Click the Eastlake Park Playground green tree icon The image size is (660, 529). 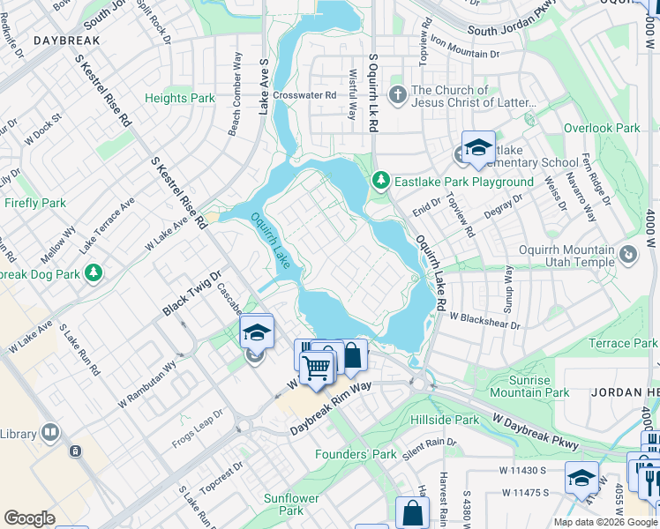click(381, 181)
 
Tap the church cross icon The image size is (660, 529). click(398, 93)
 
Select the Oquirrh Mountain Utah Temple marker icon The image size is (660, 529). click(628, 255)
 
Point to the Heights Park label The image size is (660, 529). click(180, 99)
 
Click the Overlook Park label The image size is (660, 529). click(602, 128)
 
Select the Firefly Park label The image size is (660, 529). click(35, 203)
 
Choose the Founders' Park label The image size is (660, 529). click(356, 454)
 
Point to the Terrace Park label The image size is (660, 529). click(623, 343)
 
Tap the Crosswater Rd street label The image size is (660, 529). click(305, 95)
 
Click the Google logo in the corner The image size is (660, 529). click(29, 518)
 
